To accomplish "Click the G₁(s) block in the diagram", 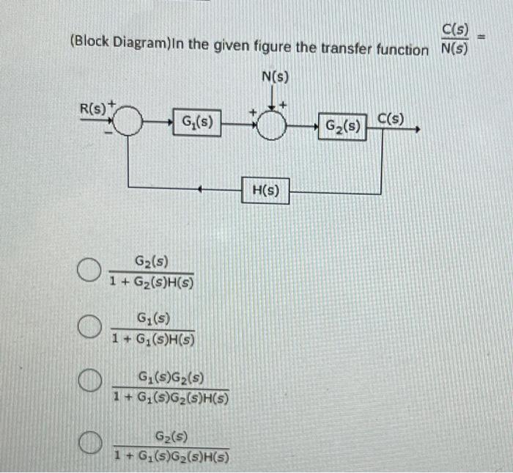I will pos(197,122).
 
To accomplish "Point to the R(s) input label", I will pos(92,109).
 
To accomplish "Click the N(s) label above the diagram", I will pos(274,76).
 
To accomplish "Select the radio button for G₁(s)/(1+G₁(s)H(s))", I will pos(89,326).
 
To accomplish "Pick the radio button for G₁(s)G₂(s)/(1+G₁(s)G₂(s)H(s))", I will pos(89,382).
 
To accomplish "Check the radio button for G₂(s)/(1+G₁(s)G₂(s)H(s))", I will pos(89,442).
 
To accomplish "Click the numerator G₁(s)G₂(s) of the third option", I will pos(171,379).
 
